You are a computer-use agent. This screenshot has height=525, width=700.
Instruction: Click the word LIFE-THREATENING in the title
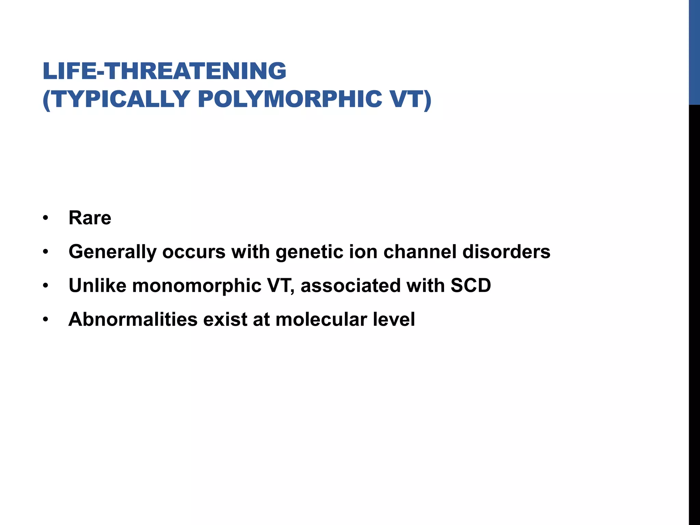pos(164,71)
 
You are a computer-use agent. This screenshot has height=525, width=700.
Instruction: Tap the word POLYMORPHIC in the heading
pos(290,99)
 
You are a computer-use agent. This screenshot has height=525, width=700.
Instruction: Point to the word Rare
pos(90,218)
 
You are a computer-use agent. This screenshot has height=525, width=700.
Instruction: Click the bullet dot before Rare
pos(46,218)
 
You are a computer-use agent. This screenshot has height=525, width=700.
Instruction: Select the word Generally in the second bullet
pos(112,252)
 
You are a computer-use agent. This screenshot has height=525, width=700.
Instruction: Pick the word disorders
pos(506,252)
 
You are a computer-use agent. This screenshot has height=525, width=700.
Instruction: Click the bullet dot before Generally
pos(46,252)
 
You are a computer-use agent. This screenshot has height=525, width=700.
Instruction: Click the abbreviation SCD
pos(471,285)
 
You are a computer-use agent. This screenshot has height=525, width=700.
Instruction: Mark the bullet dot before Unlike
pos(46,286)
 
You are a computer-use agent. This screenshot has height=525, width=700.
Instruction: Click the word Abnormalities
pos(133,319)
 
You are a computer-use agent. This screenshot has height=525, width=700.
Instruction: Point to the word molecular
pos(321,319)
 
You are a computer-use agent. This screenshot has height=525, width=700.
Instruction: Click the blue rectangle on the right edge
pos(694,52)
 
